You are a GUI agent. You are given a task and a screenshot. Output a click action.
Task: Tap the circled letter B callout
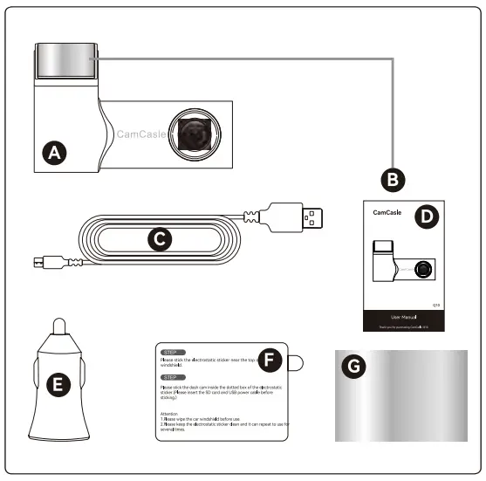(394, 179)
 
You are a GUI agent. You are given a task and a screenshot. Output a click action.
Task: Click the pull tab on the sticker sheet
(297, 361)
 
